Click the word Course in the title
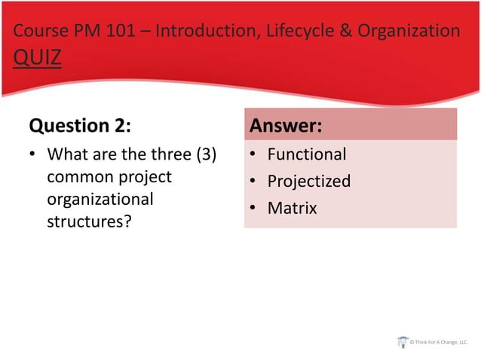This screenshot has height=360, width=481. point(38,31)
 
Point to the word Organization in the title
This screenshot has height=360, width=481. point(406,31)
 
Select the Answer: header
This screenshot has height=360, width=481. point(286,124)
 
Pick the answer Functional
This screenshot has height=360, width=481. point(307,154)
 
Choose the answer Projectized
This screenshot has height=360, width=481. point(309,181)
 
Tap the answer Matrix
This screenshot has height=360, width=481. point(292,207)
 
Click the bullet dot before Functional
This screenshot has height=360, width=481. point(254,155)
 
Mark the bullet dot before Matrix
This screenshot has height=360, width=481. point(254,208)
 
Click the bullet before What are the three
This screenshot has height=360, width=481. point(33,155)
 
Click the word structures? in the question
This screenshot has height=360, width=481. point(84,222)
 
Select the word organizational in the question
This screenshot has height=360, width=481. point(100,200)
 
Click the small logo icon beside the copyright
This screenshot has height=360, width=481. point(403,342)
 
